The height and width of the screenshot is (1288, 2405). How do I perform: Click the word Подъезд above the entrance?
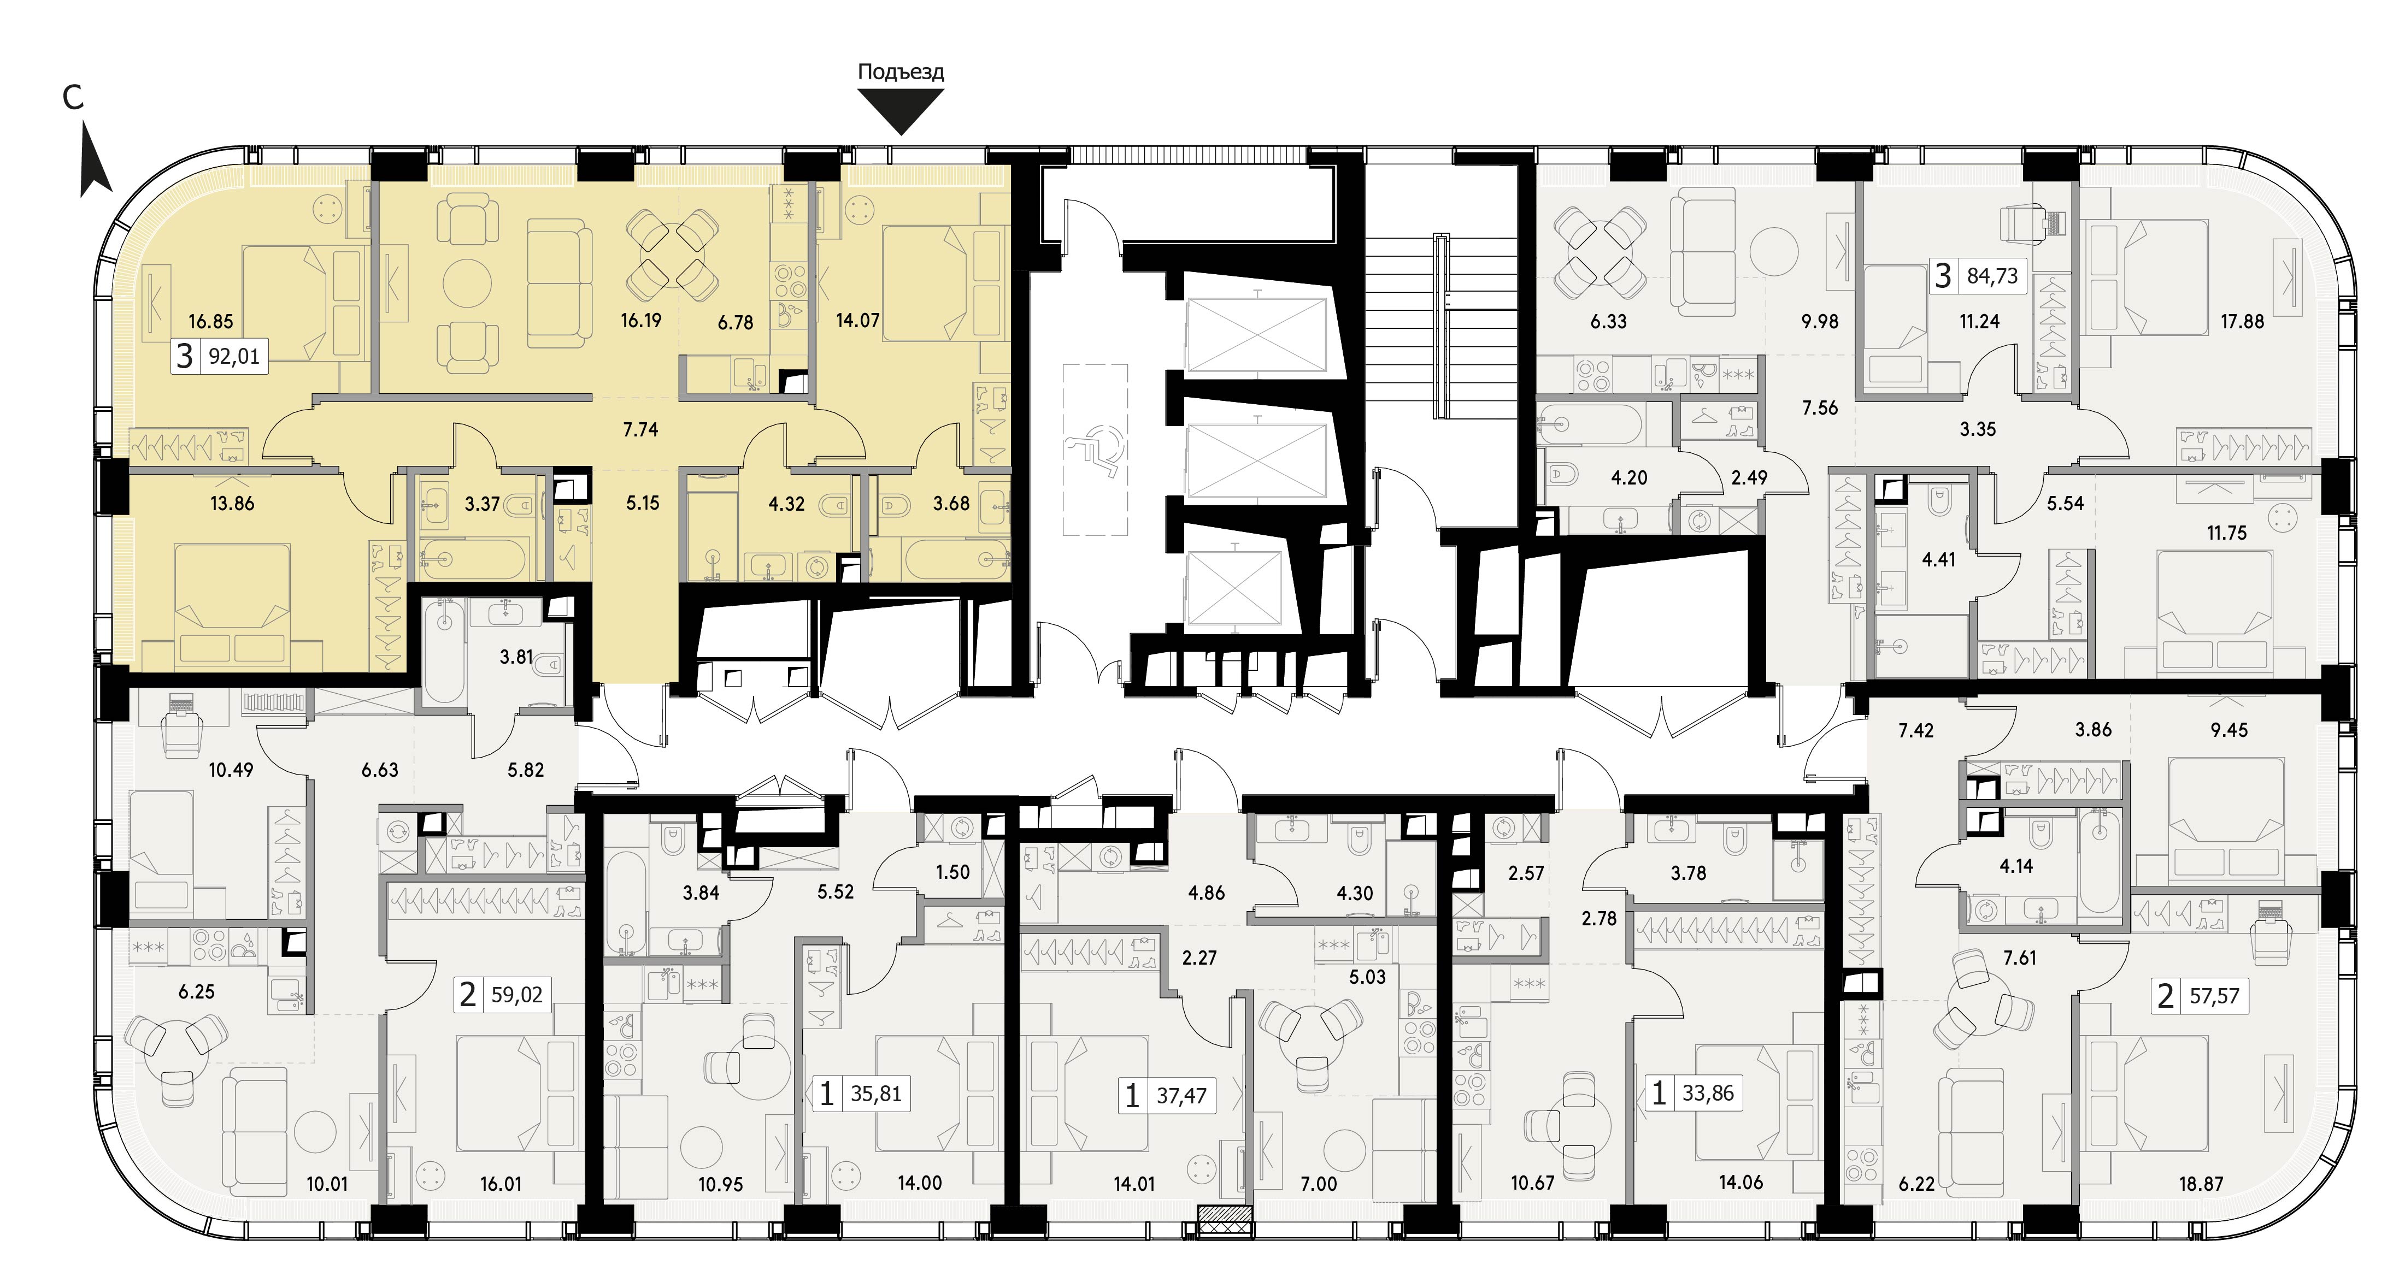tap(901, 73)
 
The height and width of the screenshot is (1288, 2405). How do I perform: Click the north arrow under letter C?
tap(95, 162)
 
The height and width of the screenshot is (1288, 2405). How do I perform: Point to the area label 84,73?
tap(1992, 276)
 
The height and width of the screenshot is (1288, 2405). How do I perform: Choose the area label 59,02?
tap(517, 995)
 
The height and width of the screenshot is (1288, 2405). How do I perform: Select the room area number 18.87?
tap(2202, 1184)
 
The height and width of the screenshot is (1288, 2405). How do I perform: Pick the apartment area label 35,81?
tap(876, 1094)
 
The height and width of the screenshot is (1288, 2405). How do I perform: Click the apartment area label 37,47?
tap(1182, 1096)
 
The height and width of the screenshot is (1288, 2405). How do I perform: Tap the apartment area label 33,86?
tap(1708, 1093)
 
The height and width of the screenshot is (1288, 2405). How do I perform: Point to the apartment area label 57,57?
tap(2214, 997)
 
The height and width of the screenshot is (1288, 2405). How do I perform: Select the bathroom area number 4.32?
tap(786, 504)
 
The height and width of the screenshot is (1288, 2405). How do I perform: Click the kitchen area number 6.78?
tap(736, 323)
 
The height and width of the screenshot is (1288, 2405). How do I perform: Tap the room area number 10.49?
tap(231, 770)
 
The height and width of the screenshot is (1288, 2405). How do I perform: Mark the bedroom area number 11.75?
tap(2227, 534)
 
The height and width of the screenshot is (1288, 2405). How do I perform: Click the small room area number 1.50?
tap(953, 873)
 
